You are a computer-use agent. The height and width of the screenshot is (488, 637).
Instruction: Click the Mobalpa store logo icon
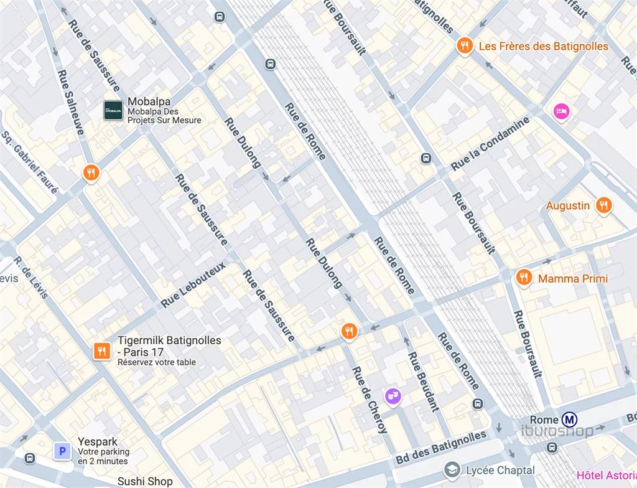coord(113,110)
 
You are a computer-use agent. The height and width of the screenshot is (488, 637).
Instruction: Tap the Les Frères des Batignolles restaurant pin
coord(463,45)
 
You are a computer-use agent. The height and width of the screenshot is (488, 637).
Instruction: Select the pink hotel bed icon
coord(560,111)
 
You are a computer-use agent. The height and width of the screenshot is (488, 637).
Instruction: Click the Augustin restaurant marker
coord(603,205)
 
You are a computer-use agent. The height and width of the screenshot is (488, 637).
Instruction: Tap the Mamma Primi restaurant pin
coord(524,278)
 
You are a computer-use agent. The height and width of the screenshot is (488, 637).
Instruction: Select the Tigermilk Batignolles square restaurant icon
coord(101,351)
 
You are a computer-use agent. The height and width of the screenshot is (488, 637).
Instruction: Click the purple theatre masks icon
coord(392,395)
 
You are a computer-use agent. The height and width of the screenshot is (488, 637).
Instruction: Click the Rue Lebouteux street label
coord(193,284)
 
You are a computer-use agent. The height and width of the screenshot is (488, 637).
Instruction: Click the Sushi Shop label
coord(145,481)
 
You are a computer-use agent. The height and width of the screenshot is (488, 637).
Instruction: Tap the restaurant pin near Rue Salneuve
coord(91,172)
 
